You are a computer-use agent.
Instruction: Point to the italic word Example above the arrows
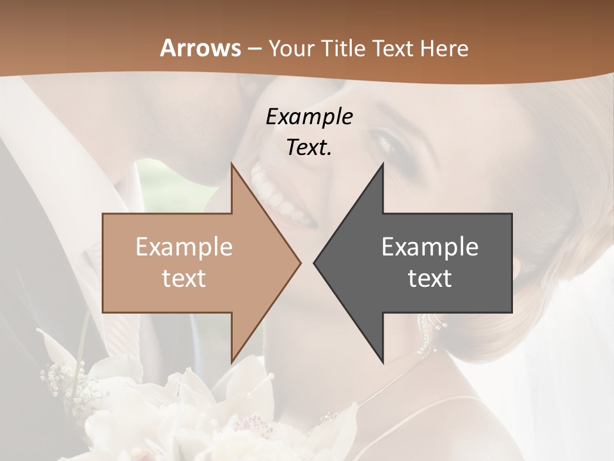pos(309,117)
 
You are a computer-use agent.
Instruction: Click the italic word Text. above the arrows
pos(309,147)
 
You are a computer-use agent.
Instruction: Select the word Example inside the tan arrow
pos(184,247)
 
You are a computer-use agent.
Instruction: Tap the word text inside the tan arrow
pos(184,278)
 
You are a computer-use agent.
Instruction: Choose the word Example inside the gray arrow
pos(430,247)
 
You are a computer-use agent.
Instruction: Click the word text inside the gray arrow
pos(430,278)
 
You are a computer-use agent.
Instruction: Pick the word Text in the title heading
pos(392,48)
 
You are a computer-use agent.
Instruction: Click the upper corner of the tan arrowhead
pos(232,165)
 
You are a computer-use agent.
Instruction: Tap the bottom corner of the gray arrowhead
pos(382,362)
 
